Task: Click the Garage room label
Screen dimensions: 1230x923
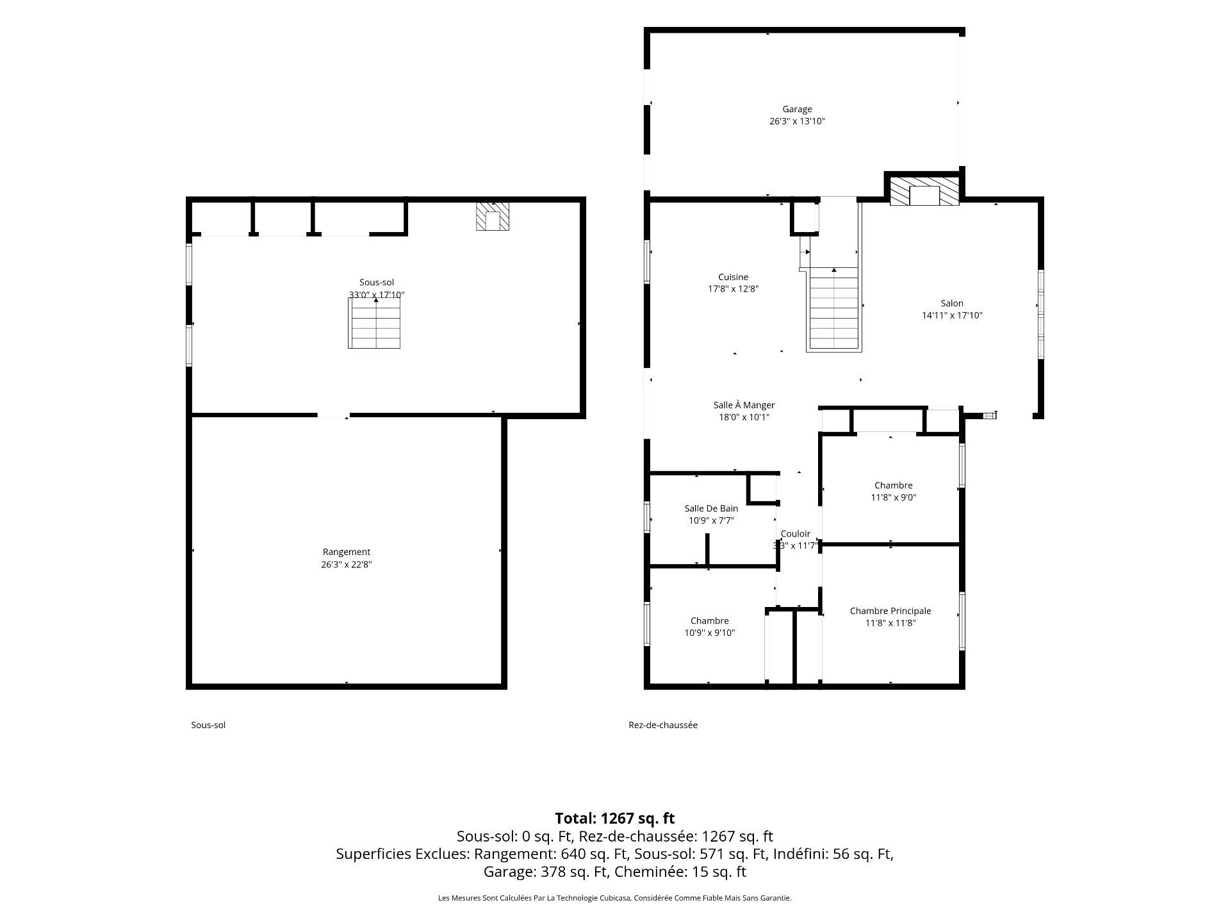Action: coord(797,110)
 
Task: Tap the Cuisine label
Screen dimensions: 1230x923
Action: coord(733,278)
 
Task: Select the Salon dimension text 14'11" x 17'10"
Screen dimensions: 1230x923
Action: coord(952,315)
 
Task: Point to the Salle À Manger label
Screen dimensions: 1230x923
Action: coord(744,405)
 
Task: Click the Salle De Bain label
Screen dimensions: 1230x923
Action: coord(711,509)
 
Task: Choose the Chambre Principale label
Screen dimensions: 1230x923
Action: coord(890,611)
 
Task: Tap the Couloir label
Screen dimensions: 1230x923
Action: coord(796,534)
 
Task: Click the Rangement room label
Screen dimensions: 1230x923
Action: coord(347,552)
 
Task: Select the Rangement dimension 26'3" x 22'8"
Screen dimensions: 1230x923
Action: coord(347,565)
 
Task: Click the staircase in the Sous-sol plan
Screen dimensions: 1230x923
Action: coord(374,323)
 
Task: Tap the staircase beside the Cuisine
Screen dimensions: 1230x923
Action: coord(833,309)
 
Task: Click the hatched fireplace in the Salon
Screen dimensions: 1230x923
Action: coord(924,191)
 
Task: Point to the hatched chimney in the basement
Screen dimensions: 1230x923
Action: coord(492,217)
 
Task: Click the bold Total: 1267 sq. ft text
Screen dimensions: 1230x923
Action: coord(615,819)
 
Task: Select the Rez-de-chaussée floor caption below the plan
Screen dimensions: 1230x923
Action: coord(663,725)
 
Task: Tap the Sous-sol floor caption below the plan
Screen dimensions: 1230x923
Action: coord(208,725)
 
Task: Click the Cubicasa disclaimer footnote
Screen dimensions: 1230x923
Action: coord(615,898)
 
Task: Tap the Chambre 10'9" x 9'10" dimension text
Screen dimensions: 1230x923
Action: coord(710,633)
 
